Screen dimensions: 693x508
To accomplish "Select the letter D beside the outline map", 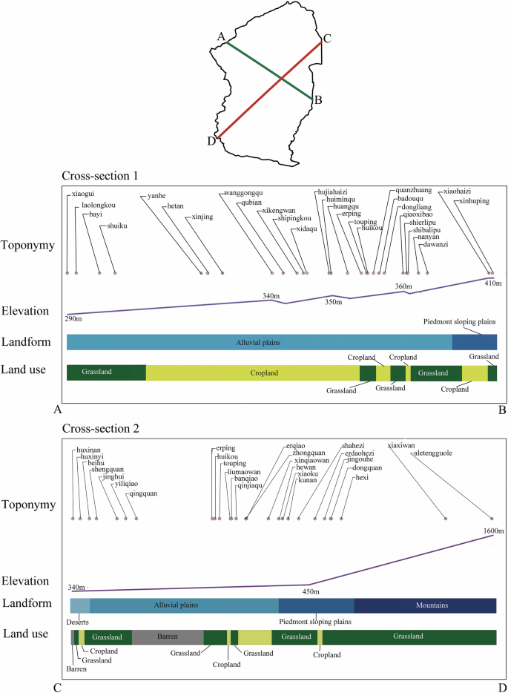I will point(212,142).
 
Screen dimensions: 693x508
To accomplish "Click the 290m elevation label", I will point(74,319).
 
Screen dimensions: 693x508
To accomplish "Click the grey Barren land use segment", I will point(168,637).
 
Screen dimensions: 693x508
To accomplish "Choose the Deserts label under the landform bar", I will point(77,621).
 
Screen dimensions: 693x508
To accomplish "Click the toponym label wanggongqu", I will point(243,194).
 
